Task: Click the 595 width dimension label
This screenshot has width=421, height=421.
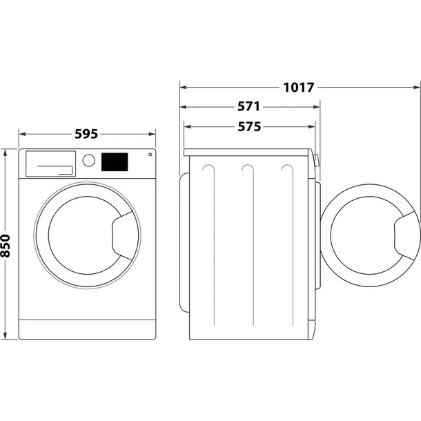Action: (86, 135)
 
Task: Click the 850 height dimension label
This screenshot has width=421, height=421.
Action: (6, 244)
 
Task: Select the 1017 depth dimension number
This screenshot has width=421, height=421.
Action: (298, 88)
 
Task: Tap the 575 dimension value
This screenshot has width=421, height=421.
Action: (248, 127)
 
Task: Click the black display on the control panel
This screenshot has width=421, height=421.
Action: (115, 161)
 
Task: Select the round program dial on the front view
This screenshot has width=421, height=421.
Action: (88, 160)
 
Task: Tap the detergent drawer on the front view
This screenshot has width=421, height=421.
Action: (50, 164)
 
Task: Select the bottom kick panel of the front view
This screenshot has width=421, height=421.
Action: (86, 329)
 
